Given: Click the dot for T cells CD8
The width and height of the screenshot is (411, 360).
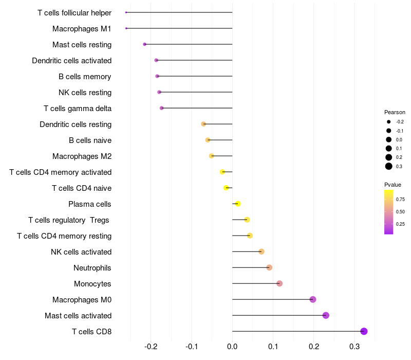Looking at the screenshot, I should coord(364,331).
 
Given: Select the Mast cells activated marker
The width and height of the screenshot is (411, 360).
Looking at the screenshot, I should coord(326,315).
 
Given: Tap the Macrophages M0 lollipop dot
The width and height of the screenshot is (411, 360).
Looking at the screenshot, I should coord(313,299).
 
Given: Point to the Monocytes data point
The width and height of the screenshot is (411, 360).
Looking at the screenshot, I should coord(279,283).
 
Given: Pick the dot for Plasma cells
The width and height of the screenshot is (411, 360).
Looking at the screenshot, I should coord(237,204).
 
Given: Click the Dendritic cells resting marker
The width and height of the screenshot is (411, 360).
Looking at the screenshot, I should coord(203,124).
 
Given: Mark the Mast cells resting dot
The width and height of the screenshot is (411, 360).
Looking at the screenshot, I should coord(145,44).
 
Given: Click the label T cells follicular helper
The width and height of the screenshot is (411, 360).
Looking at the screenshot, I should coord(74,12).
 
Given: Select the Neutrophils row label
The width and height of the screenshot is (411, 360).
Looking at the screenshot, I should coord(92,268).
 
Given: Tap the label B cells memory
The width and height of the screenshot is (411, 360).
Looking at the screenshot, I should coord(85,77).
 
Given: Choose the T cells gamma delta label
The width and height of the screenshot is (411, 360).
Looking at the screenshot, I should coord(78,109).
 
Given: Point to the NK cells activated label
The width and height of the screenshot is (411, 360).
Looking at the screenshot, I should coord(81,252).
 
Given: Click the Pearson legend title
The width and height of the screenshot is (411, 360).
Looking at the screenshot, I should coord(395,112).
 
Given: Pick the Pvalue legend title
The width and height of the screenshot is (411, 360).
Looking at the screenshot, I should coord(393,185).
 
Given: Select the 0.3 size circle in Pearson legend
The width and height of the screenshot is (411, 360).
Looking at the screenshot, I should coord(389,166).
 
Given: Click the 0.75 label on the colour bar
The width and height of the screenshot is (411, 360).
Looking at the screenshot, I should coord(400,199).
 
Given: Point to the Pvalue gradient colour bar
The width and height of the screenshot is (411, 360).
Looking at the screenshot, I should coord(389,212).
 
